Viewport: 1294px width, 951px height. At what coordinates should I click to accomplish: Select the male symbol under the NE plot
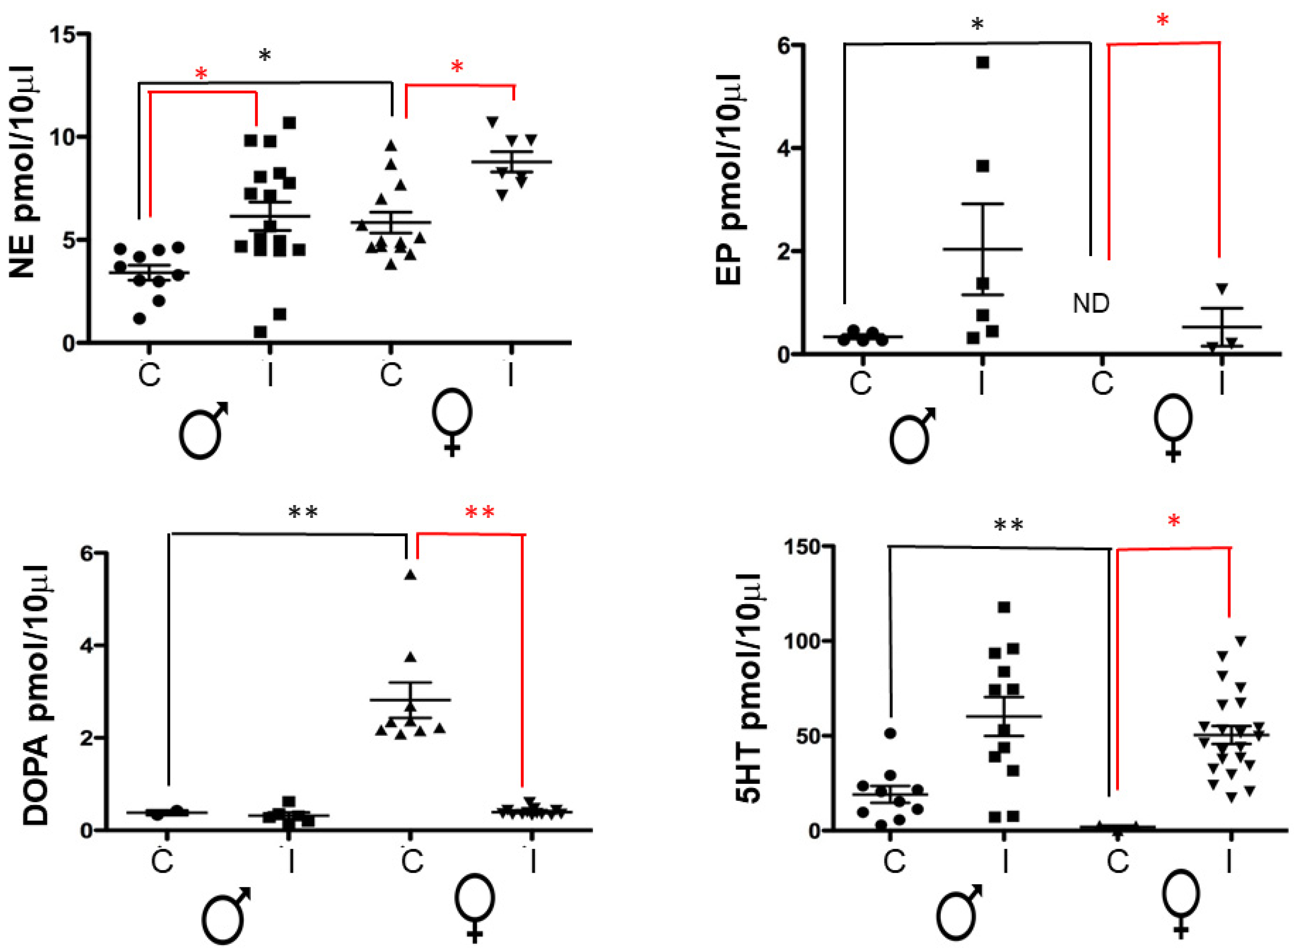pos(204,429)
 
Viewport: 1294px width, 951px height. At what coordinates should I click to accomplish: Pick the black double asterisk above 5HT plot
pos(1009,525)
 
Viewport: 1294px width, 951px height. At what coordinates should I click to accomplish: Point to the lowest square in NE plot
pos(260,332)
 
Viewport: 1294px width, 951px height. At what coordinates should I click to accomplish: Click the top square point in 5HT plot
pos(1004,607)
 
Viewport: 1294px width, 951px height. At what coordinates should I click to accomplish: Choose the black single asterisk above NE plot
pos(265,56)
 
